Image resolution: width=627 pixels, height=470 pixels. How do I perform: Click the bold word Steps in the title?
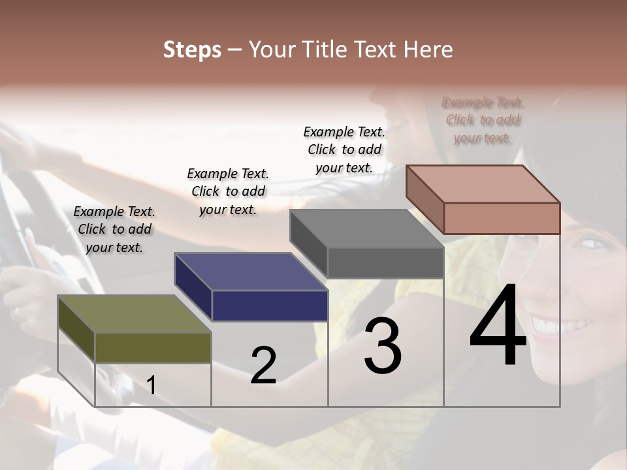click(192, 50)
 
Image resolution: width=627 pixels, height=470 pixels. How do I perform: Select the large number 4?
click(498, 326)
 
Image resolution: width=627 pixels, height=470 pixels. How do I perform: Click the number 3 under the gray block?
click(383, 346)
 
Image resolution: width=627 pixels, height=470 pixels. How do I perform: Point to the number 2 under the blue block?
click(263, 366)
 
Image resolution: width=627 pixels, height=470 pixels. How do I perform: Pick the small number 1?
click(152, 386)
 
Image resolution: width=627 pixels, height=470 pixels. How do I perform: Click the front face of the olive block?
click(153, 347)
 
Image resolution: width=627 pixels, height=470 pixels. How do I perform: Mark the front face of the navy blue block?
click(270, 305)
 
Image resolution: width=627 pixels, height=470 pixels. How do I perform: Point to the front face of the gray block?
click(385, 263)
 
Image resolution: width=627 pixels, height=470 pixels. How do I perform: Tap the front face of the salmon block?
click(502, 218)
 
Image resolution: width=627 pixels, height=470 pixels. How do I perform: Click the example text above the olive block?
click(114, 229)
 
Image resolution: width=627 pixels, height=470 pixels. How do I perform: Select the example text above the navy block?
click(228, 191)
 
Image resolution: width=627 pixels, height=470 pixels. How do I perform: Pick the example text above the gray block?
click(344, 149)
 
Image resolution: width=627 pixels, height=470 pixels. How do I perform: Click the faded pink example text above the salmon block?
click(483, 120)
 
